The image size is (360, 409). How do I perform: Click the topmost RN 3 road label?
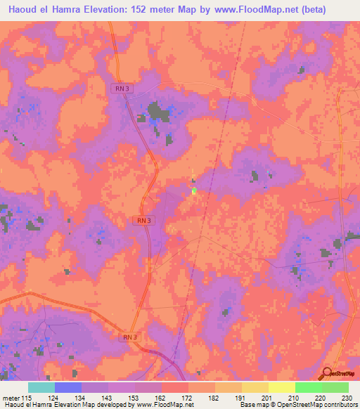[120, 88]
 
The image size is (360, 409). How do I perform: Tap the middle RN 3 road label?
[143, 221]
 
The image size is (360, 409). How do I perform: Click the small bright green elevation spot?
[194, 190]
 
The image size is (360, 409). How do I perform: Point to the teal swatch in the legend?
[41, 387]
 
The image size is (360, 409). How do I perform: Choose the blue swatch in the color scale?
[68, 387]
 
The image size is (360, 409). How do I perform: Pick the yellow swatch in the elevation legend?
[281, 387]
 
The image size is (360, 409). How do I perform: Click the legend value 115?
[29, 398]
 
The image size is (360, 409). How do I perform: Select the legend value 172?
[188, 398]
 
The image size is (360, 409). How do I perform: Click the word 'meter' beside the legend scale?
[11, 398]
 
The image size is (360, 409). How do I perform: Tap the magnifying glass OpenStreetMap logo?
[326, 375]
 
